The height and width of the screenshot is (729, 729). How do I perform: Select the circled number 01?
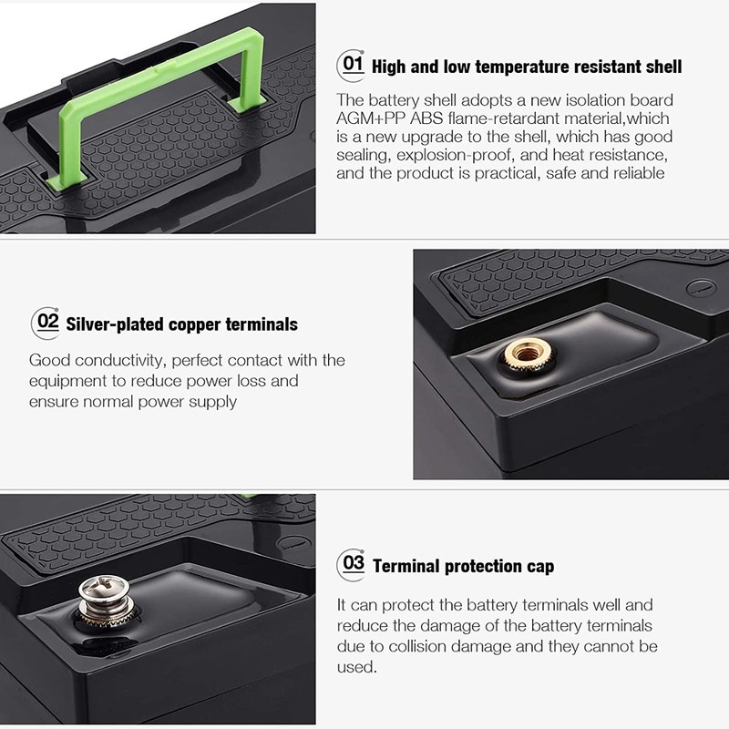coord(351,66)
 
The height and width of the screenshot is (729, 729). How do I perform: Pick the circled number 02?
coord(46,323)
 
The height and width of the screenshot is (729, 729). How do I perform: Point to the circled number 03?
coord(351,564)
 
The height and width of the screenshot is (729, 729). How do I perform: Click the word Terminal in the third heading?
coord(405,566)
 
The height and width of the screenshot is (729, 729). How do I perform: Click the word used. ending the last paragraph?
coord(356,667)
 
